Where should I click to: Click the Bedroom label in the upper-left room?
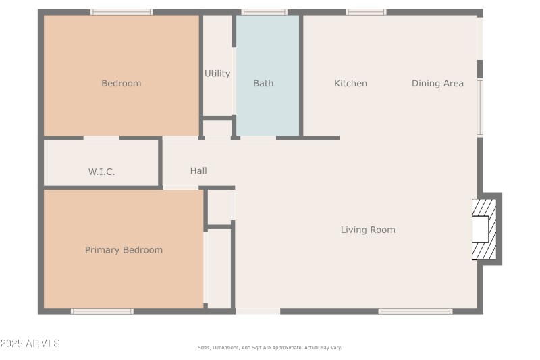pos(122,84)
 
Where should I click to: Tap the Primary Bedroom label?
pos(124,250)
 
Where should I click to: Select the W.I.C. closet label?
pos(101,172)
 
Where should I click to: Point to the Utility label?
pos(217,74)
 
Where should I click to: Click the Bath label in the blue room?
pos(263,84)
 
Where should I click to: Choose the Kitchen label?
pos(350,84)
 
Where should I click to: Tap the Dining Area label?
pos(437,84)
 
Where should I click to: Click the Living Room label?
pos(368,230)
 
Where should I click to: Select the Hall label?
pos(198,171)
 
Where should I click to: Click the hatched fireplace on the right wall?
pos(484,230)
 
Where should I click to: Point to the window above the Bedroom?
pos(122,12)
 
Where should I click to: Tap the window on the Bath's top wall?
pos(264,12)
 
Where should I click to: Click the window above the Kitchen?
pos(366,12)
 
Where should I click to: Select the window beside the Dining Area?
pos(480,107)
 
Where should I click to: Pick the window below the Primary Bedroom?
pos(102,311)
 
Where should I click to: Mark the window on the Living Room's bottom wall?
pos(414,311)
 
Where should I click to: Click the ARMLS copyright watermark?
pos(30,344)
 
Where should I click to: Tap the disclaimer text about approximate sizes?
pos(269,347)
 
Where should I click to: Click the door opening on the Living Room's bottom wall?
pos(257,311)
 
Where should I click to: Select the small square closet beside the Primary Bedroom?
pos(220,207)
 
